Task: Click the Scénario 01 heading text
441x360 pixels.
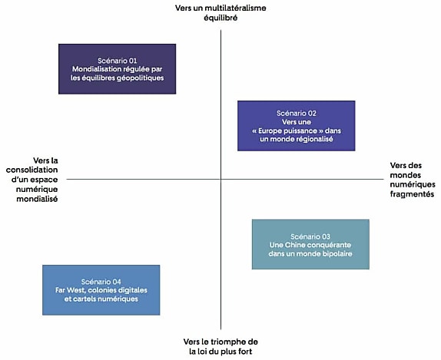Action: [x=118, y=61]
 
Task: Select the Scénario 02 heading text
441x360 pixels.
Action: [x=297, y=114]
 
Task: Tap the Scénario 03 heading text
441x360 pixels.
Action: [x=310, y=236]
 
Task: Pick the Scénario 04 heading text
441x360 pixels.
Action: [x=101, y=282]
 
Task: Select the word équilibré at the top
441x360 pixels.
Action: [x=220, y=18]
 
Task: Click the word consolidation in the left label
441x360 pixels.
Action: [x=31, y=170]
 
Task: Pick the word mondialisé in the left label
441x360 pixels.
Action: [x=37, y=200]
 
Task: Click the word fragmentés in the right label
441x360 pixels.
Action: [x=412, y=194]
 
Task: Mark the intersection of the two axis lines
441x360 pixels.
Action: [x=220, y=179]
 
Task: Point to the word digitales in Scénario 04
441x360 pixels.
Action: [x=132, y=290]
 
